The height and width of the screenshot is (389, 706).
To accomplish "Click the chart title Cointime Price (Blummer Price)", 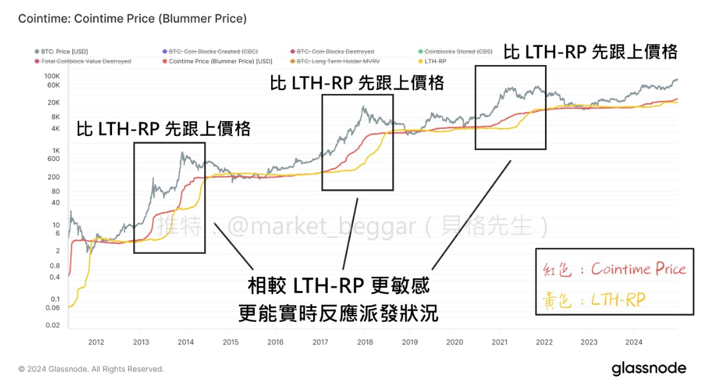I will click(x=132, y=19).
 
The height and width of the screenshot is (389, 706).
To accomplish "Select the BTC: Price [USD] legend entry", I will click(x=63, y=51).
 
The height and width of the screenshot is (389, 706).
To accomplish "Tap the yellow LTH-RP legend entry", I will click(x=435, y=61).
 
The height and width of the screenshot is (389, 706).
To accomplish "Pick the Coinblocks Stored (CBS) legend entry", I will click(x=452, y=51).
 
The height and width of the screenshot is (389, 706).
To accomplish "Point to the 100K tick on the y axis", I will click(x=52, y=76).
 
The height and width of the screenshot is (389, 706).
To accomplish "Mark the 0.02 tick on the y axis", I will click(x=52, y=325).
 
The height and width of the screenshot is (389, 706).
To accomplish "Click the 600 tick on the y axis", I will click(x=53, y=159).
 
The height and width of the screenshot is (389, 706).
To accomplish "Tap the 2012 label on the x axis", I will click(x=96, y=341).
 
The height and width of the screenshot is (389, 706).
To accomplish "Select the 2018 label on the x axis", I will click(x=365, y=341).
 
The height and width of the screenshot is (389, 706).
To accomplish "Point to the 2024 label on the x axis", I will click(x=633, y=341).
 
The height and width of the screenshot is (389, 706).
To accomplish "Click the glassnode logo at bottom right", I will click(x=649, y=369).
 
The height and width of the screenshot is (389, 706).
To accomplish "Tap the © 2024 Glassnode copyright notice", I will click(x=91, y=369).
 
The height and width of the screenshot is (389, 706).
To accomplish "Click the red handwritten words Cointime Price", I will click(x=638, y=269).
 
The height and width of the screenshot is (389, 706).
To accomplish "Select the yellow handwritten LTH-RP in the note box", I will click(x=618, y=299).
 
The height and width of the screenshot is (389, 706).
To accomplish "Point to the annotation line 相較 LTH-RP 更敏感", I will click(x=338, y=284).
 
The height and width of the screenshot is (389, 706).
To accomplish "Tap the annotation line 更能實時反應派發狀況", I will click(x=338, y=313).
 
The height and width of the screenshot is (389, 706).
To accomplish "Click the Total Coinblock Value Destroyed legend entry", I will click(x=85, y=61).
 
